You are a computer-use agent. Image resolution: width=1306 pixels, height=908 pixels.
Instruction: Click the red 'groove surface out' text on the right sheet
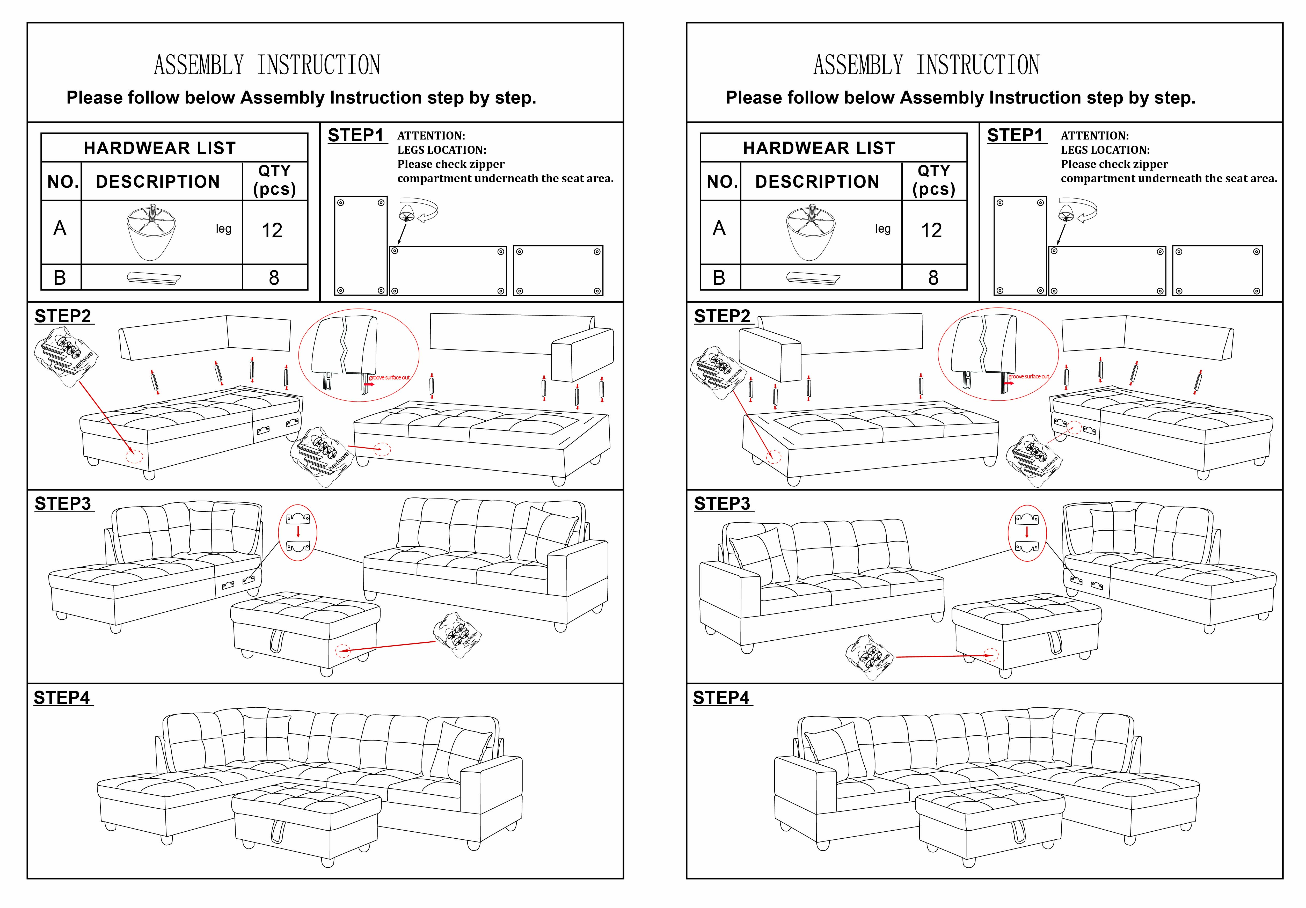coord(1028,376)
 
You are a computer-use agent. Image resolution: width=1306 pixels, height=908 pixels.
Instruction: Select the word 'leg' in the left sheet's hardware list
coord(224,229)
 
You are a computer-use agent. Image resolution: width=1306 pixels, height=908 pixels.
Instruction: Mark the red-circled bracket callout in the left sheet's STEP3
coord(297,533)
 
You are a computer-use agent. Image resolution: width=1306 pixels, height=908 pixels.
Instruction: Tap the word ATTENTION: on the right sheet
coord(1095,136)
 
